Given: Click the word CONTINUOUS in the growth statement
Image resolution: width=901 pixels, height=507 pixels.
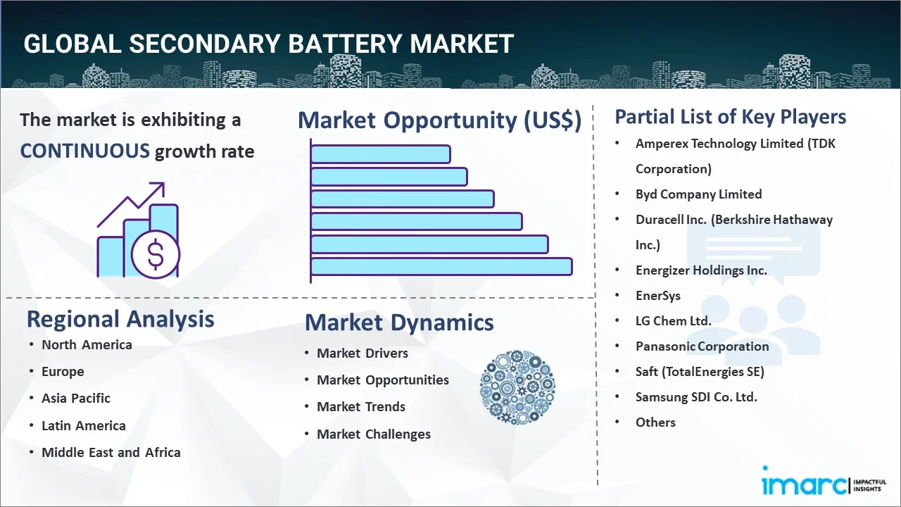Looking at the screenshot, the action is tap(85, 151).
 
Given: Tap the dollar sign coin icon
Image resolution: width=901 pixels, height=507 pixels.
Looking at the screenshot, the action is tap(156, 254).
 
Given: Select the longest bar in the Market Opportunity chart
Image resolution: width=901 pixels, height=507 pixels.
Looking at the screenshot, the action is tap(441, 267).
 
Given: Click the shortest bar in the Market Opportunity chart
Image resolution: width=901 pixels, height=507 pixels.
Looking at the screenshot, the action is tap(381, 154).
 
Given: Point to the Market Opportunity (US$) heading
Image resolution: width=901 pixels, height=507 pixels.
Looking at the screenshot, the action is tap(440, 120).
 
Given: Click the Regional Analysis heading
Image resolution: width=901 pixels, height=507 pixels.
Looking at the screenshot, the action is tap(120, 319).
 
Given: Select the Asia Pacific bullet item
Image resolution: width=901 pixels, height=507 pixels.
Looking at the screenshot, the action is tap(76, 399).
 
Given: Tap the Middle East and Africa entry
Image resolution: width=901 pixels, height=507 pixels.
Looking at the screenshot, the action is tap(111, 452).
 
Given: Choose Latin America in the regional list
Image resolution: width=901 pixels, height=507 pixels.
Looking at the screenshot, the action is tap(84, 425).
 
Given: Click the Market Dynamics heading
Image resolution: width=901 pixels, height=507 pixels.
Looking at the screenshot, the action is tap(399, 323).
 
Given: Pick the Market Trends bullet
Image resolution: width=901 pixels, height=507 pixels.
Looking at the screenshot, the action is tap(361, 407).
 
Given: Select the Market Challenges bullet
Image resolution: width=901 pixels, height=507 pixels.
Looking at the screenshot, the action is tap(374, 434).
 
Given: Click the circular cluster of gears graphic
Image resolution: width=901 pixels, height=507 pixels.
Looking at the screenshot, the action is tap(517, 387).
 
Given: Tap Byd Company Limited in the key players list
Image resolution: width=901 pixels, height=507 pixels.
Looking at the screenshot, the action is tap(699, 194).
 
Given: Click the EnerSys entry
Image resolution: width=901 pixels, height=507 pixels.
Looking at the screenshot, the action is tap(658, 296).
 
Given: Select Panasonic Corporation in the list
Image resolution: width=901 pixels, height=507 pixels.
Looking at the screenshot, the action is tap(702, 346).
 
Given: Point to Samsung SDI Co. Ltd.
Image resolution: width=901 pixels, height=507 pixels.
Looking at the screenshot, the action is tap(696, 397).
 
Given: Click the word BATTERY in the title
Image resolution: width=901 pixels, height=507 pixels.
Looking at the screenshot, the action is tap(345, 44).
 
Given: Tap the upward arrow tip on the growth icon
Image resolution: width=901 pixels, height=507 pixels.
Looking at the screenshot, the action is tap(164, 183).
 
